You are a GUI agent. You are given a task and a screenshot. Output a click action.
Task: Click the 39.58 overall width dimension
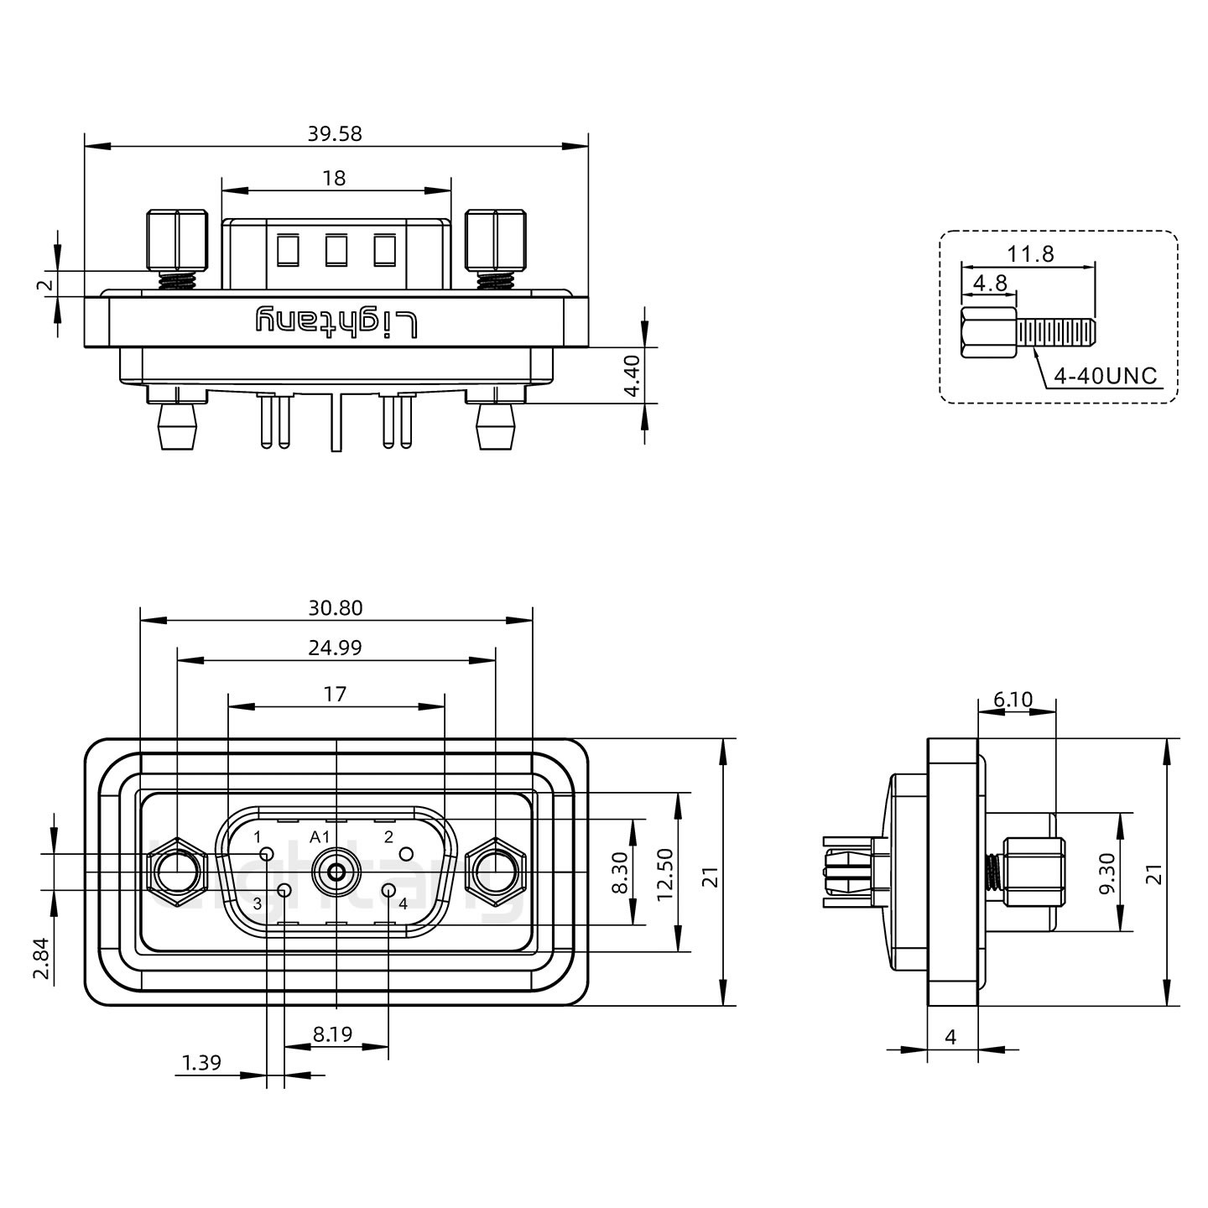click(335, 133)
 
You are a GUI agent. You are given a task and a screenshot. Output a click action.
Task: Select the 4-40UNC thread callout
click(1105, 377)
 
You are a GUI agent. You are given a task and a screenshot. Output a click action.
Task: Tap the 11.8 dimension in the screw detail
click(1031, 253)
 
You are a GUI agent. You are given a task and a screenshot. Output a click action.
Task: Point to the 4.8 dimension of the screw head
click(990, 283)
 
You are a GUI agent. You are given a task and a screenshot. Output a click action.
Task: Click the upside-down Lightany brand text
click(336, 322)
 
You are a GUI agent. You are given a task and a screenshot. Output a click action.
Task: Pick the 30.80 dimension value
click(335, 607)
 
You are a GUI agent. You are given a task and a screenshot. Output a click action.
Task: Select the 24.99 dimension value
click(335, 648)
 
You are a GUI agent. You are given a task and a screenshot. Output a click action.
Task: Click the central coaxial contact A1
click(336, 872)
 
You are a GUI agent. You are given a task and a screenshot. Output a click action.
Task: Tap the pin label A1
click(320, 836)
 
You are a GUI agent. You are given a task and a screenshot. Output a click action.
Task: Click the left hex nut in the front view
click(176, 872)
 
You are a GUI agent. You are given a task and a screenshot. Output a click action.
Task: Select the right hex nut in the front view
click(495, 872)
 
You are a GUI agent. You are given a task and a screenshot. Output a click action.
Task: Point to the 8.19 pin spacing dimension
click(332, 1034)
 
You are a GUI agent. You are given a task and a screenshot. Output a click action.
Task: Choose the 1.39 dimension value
click(201, 1063)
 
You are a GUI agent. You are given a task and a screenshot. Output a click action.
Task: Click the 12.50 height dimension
click(665, 873)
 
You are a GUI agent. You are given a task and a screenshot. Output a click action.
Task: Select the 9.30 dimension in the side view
click(1106, 873)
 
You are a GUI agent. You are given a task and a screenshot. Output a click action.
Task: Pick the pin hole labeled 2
click(406, 855)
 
